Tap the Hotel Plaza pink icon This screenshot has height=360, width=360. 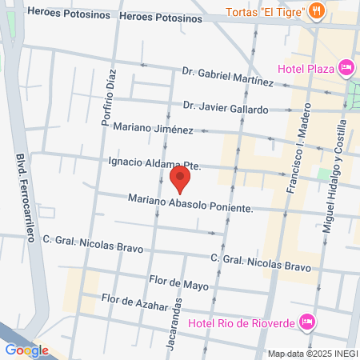[x=346, y=67]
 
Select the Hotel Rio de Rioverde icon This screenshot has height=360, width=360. [x=306, y=322]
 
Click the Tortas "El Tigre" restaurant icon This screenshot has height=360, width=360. [x=317, y=11]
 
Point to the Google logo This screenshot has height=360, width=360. [x=26, y=350]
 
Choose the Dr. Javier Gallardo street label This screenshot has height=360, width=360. [x=225, y=107]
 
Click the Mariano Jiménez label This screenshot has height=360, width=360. [x=153, y=128]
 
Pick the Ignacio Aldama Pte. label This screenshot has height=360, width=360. [x=153, y=163]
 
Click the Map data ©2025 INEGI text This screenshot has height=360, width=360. [x=311, y=354]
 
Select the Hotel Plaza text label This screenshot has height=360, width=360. [x=306, y=68]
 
